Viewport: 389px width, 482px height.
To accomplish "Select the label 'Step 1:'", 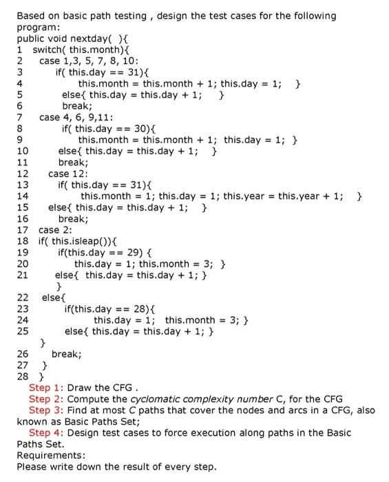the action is pos(46,388).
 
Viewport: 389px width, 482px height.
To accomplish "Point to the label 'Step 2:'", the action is pos(46,399).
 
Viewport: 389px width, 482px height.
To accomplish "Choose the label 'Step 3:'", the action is pos(46,410).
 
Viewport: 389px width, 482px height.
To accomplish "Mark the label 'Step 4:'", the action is pos(46,432).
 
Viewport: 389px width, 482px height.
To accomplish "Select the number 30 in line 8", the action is pos(136,128).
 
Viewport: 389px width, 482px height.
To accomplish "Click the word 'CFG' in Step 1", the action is pos(123,388).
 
